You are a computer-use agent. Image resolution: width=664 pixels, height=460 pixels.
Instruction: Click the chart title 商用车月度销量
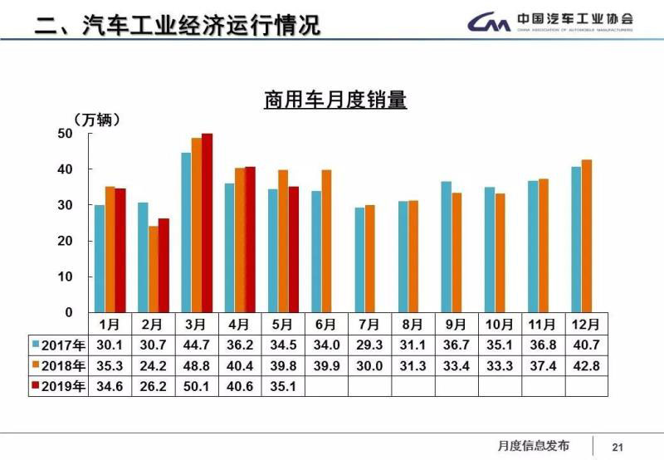coord(335,101)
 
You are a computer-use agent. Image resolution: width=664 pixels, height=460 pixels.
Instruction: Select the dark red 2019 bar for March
coord(207,223)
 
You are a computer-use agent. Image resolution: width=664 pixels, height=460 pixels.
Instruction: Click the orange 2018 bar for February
coord(153,269)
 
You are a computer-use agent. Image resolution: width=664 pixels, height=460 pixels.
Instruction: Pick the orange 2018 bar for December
coord(587,236)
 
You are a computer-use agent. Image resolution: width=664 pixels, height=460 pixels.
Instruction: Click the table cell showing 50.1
coord(197,385)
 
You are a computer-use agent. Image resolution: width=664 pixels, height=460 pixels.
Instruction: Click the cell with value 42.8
coord(587,365)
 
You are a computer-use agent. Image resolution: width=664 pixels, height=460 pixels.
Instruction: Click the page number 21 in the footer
coord(618,446)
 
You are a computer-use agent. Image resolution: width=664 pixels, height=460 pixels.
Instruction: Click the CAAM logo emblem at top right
coord(488,22)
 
